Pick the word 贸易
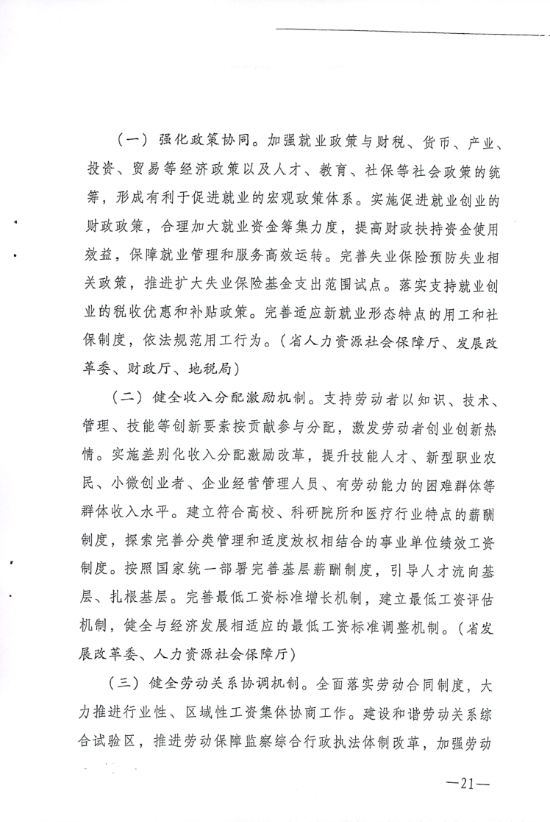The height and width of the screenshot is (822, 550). (x=142, y=169)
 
